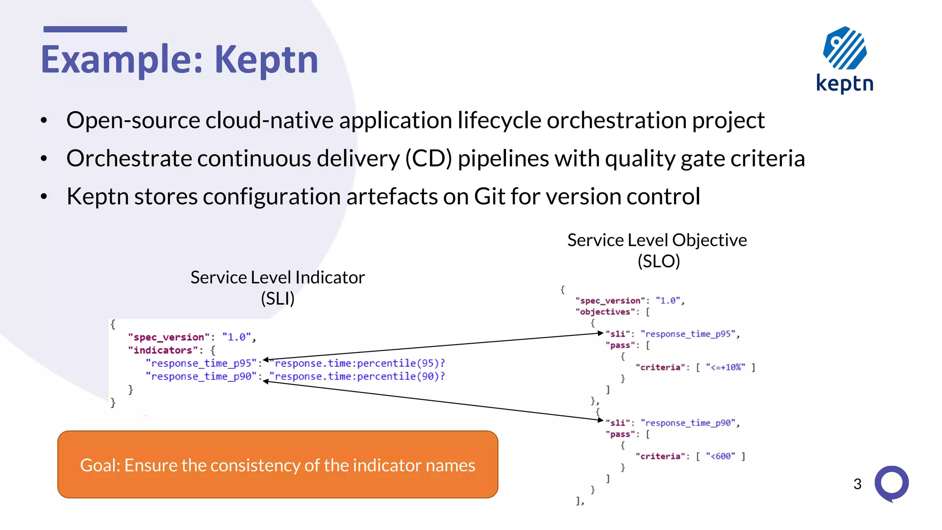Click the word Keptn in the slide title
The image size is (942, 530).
pyautogui.click(x=266, y=59)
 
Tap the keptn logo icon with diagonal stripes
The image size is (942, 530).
pyautogui.click(x=844, y=48)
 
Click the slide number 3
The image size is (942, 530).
pyautogui.click(x=857, y=484)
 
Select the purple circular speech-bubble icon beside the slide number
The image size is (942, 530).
pyautogui.click(x=891, y=483)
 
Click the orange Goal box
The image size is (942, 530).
pyautogui.click(x=277, y=464)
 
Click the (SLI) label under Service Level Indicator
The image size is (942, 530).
pyautogui.click(x=277, y=299)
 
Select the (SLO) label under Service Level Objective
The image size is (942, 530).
pyautogui.click(x=658, y=261)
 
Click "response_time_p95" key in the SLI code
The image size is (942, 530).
pyautogui.click(x=201, y=363)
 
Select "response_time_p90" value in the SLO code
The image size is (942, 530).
pyautogui.click(x=689, y=423)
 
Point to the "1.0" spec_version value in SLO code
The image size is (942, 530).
pyautogui.click(x=668, y=300)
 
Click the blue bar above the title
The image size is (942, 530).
pyautogui.click(x=85, y=29)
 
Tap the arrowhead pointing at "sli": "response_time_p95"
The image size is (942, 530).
pyautogui.click(x=600, y=333)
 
